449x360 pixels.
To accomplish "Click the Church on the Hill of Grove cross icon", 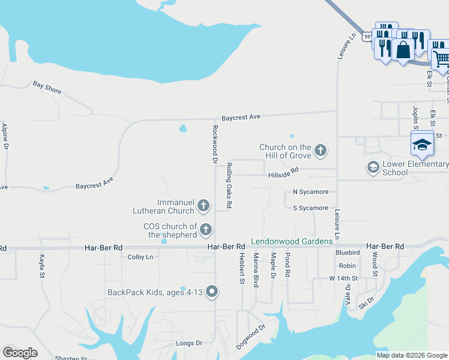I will (x=321, y=151).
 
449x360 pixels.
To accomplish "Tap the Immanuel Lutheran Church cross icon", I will (x=203, y=206).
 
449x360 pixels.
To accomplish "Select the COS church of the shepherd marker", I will (x=206, y=229).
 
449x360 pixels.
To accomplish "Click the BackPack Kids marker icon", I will (x=211, y=292).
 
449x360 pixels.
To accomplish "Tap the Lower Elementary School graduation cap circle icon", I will (x=373, y=167).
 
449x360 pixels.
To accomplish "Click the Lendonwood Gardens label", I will (x=292, y=241).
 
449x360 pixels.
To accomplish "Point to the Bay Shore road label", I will (x=47, y=88).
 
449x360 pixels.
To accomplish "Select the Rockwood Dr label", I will (x=214, y=144).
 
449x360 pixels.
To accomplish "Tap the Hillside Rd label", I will (x=283, y=173).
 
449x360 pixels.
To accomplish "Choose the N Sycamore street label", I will (x=310, y=192).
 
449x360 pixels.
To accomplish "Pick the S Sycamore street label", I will (x=310, y=208).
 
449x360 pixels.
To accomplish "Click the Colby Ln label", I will (x=140, y=257).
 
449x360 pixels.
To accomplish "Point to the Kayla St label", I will (x=42, y=266).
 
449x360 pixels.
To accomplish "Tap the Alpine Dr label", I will (x=5, y=136).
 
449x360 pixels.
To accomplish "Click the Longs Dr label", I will (x=189, y=343).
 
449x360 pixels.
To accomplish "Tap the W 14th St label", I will (x=343, y=278).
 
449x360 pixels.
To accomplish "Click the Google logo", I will (x=20, y=353).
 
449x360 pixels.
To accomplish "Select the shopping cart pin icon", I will (x=441, y=59).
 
